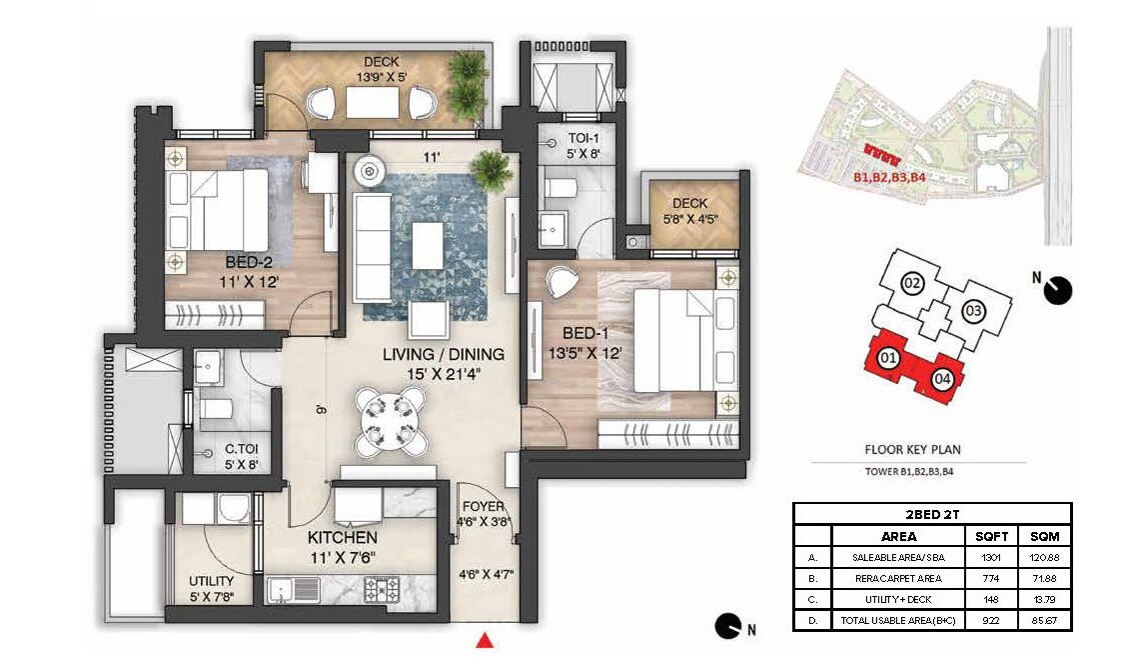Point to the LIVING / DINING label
coord(444,354)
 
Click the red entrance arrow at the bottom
coord(485,640)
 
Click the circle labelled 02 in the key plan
coord(911,283)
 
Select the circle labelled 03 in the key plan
coord(972,311)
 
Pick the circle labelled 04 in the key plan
coord(942,379)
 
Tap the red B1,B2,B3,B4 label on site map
coord(889,177)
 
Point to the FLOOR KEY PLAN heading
coord(912,450)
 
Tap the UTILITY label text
coord(212,581)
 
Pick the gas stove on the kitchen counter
coord(386,587)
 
